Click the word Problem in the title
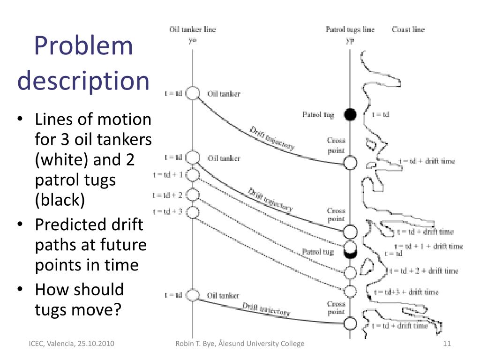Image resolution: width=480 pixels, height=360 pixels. [x=84, y=46]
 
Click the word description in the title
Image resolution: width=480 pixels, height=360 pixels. [x=83, y=80]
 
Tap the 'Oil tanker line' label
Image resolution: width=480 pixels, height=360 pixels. [x=192, y=30]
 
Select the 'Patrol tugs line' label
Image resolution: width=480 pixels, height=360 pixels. [x=350, y=30]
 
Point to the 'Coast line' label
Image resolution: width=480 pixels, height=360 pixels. [x=408, y=30]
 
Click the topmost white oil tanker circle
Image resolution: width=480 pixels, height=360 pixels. [x=193, y=93]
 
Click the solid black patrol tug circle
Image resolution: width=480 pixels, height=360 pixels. [x=350, y=114]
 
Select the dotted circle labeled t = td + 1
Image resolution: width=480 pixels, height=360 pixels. [x=193, y=175]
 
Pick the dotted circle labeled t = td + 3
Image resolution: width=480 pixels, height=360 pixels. [x=193, y=212]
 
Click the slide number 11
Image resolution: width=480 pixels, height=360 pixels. [x=446, y=344]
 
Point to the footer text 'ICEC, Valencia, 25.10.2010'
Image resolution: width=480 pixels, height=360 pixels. [x=70, y=344]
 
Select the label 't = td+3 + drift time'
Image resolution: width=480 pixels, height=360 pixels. [x=406, y=292]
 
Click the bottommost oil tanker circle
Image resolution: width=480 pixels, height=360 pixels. [x=193, y=295]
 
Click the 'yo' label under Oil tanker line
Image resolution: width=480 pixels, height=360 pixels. [x=192, y=40]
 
